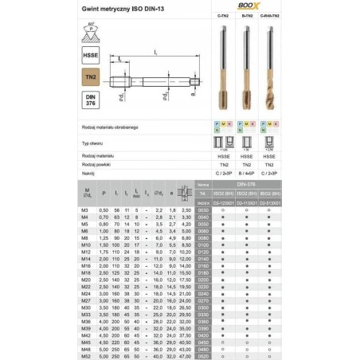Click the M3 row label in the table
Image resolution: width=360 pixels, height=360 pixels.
pyautogui.click(x=85, y=209)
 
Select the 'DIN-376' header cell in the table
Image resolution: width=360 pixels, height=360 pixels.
pyautogui.click(x=246, y=183)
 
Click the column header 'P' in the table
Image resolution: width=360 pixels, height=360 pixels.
pyautogui.click(x=104, y=192)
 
